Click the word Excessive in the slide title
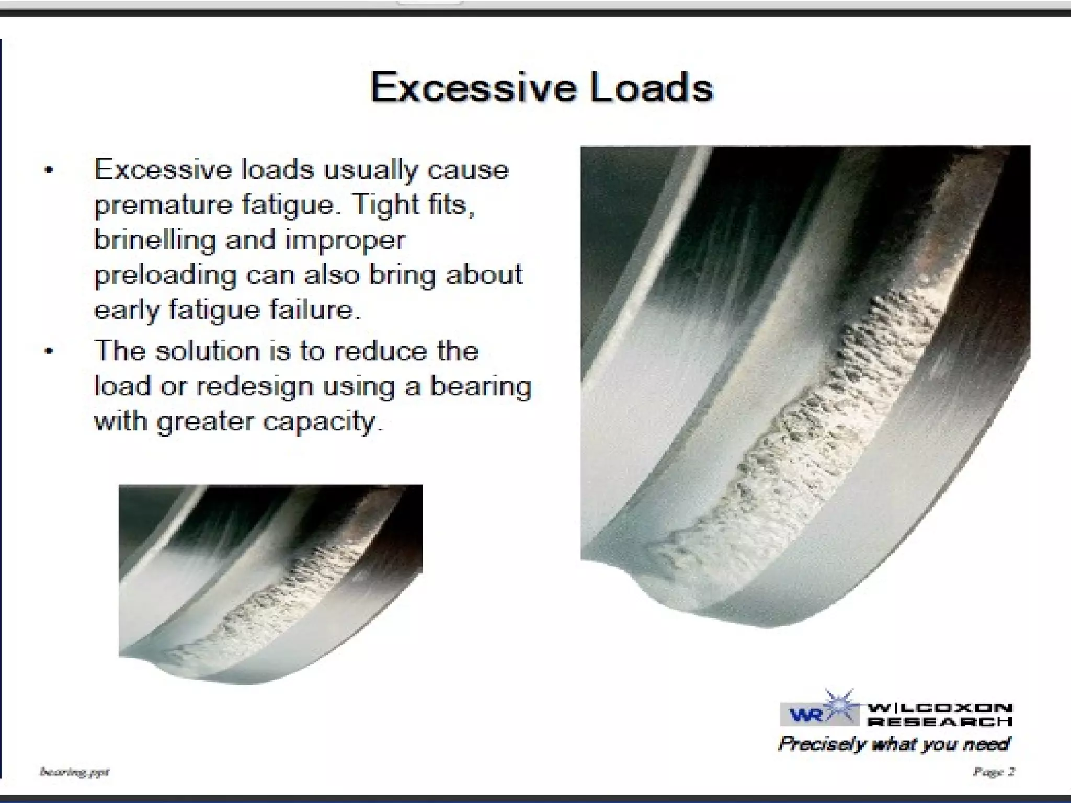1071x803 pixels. coord(473,87)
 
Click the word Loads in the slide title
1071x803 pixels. coord(652,87)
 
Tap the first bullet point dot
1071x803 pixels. coord(49,170)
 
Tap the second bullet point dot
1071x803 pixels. coord(49,351)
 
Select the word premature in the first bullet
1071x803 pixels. coord(163,205)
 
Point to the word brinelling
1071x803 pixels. coord(155,240)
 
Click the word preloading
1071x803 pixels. coord(165,276)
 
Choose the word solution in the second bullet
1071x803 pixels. coord(207,351)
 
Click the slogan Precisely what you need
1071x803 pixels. coord(894,743)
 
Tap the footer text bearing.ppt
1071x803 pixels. coord(75,772)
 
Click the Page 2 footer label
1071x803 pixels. coord(994,772)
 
